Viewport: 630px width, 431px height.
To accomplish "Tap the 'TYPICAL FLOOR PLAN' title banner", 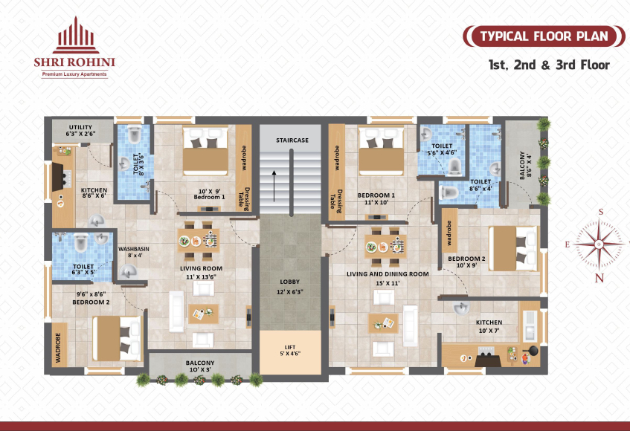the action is pos(544,36).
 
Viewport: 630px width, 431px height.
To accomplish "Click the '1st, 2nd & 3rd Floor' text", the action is pos(549,65).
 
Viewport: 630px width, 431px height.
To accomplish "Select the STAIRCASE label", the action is pos(292,140).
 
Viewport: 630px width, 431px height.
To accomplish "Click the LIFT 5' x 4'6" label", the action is pos(290,350).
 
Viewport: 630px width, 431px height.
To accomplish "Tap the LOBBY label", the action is pos(289,282).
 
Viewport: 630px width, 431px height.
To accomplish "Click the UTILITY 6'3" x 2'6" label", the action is pos(80,131).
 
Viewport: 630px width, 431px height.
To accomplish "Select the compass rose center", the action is pos(599,244).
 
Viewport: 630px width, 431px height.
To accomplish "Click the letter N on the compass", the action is pos(599,278).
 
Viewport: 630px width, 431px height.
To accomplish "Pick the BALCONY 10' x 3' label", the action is pos(199,366).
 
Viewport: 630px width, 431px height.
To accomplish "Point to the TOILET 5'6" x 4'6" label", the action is pos(442,149).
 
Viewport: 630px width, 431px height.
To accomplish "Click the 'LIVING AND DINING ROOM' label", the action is pos(388,274).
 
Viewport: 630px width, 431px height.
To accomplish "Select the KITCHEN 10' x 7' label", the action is pos(489,326).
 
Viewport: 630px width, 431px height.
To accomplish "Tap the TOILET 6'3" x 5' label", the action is pos(83,269).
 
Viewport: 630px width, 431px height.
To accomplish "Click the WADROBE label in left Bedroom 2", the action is pos(58,348).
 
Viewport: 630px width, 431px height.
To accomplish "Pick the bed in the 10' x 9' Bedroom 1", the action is pos(205,152).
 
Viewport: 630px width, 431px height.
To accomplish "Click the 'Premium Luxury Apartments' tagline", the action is pos(74,74).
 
